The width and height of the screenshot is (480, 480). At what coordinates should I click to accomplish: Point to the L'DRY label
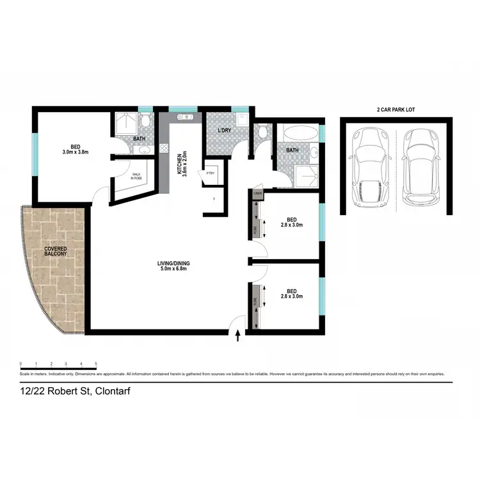[x=223, y=131]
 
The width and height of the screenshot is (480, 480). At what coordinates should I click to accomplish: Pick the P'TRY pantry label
[x=210, y=173]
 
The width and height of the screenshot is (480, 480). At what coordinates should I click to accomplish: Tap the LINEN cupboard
[x=258, y=193]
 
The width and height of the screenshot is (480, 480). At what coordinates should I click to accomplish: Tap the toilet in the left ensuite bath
[x=145, y=121]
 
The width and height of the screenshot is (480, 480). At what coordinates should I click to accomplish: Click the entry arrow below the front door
[x=239, y=337]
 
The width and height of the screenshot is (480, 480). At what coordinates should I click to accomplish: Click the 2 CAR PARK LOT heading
[x=396, y=110]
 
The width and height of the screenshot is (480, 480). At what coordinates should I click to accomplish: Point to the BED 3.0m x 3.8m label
[x=74, y=148]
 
